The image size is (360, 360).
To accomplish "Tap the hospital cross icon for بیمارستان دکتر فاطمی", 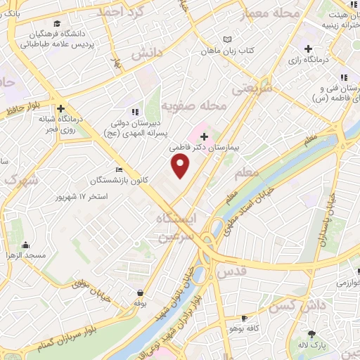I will [x=204, y=135].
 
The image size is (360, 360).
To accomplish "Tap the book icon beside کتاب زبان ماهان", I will [x=226, y=39].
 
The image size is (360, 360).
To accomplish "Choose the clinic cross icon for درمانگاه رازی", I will [x=308, y=48].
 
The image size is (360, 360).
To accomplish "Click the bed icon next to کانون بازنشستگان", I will [x=119, y=169].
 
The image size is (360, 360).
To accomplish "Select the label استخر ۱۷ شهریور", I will [x=82, y=196].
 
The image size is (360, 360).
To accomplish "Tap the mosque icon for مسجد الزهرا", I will [x=26, y=245].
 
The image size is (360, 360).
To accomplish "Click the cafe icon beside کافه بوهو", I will [x=244, y=318].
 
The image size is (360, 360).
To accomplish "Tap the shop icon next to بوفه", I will [x=141, y=292].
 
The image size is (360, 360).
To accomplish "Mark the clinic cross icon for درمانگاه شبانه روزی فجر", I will [x=62, y=109].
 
